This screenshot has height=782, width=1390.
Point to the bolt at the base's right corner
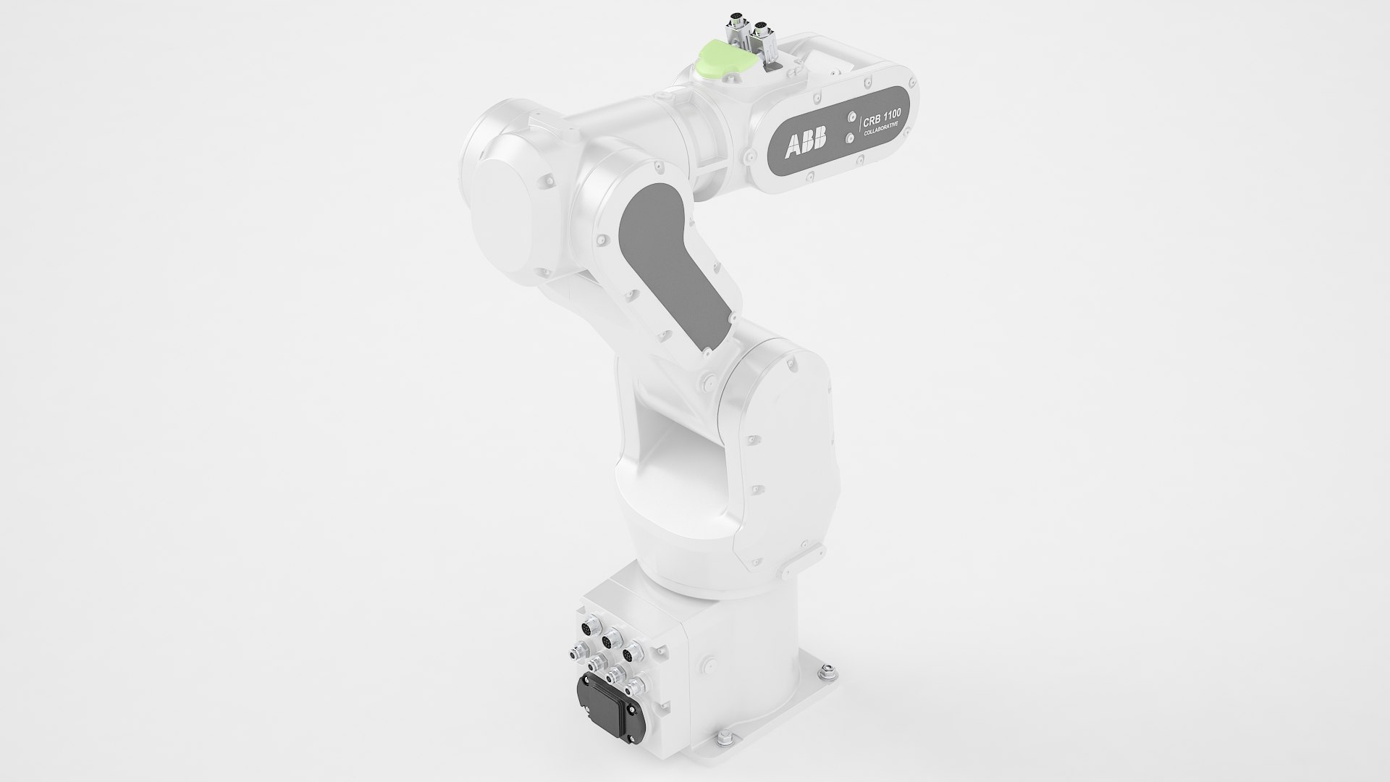823,675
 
